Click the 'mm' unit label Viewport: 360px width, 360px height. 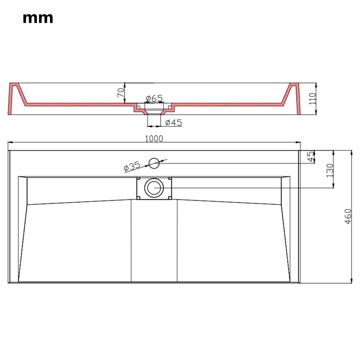38,18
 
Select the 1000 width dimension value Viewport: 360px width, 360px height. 154,139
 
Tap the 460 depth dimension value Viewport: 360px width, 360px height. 348,217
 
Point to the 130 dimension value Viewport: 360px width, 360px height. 330,170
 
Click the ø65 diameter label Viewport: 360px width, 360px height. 154,97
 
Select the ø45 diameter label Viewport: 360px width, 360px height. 173,122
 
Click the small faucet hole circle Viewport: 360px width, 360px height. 154,163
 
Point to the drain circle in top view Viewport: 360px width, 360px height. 154,188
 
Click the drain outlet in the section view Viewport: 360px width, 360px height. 154,112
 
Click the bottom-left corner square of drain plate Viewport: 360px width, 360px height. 139,198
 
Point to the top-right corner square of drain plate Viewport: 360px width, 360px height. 170,179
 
